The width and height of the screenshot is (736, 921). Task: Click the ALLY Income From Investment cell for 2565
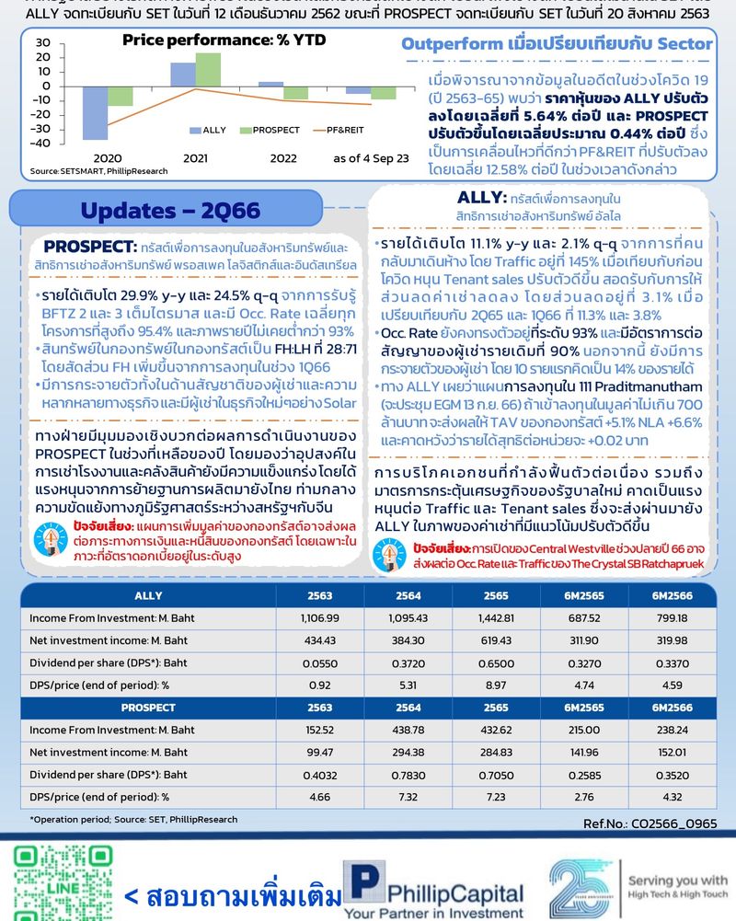click(x=494, y=616)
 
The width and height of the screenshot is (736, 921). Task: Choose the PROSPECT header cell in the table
click(x=148, y=708)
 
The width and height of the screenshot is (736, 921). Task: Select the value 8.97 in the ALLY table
click(x=494, y=684)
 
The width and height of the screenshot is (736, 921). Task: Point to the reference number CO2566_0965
click(x=650, y=823)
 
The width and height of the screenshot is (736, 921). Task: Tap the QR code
click(x=53, y=881)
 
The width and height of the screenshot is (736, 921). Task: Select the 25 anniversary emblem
click(x=582, y=888)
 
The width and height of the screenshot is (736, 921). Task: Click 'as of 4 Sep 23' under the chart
click(x=371, y=158)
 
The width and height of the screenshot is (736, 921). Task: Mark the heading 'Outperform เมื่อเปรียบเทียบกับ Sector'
click(x=558, y=44)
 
